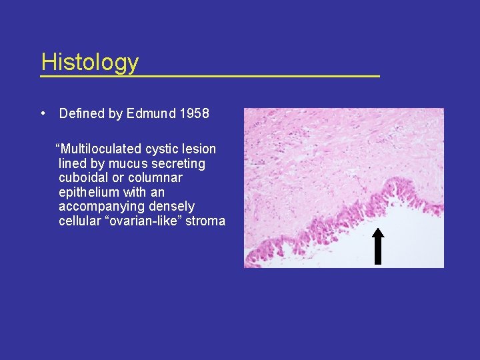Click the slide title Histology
pyautogui.click(x=89, y=62)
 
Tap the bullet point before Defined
pyautogui.click(x=43, y=113)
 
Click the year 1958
pyautogui.click(x=194, y=114)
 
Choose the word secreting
pyautogui.click(x=181, y=163)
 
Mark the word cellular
pyautogui.click(x=79, y=221)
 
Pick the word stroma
pyautogui.click(x=205, y=221)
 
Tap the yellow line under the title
pyautogui.click(x=209, y=77)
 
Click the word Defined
pyautogui.click(x=82, y=114)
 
